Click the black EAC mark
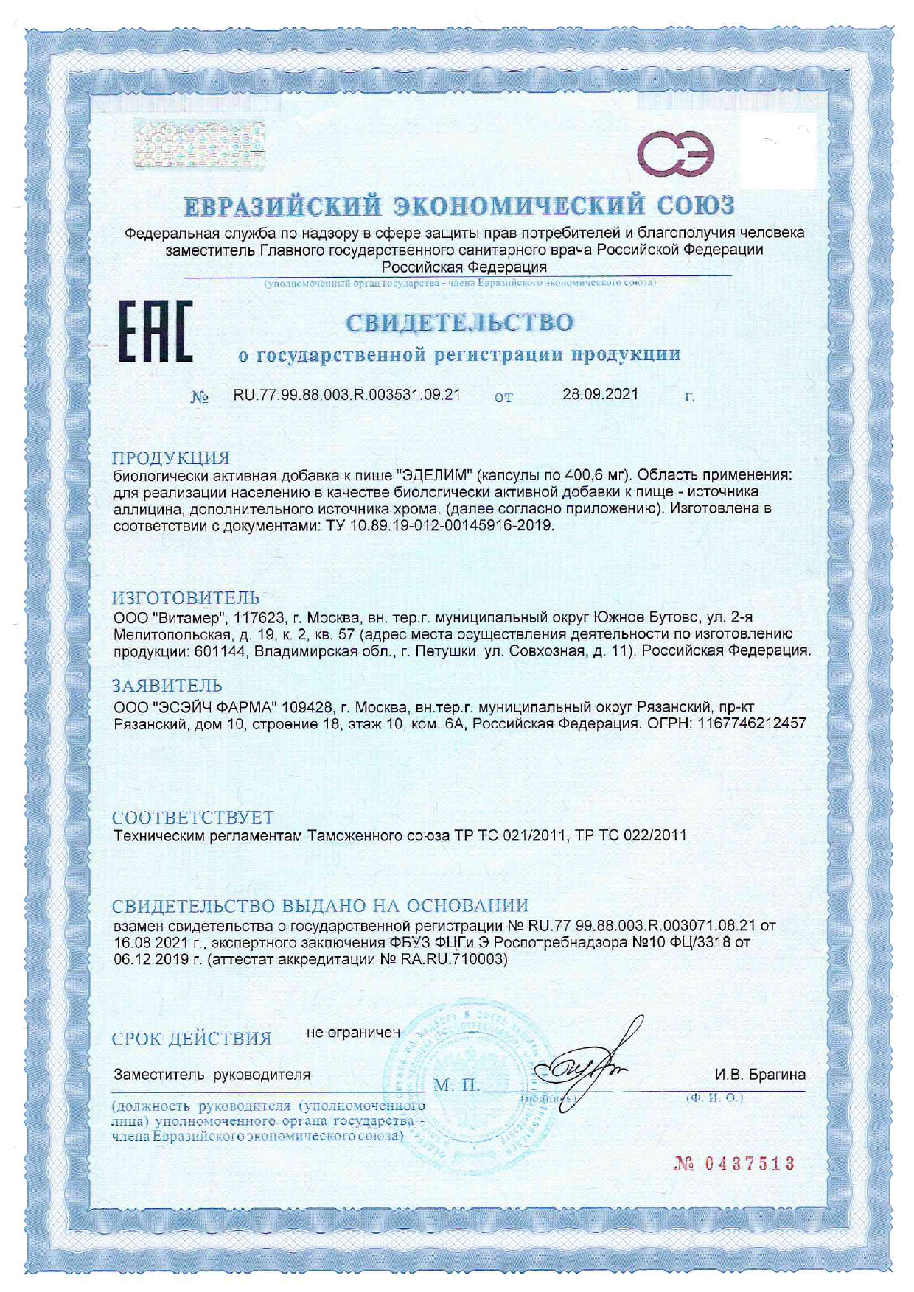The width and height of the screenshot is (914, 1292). click(x=156, y=331)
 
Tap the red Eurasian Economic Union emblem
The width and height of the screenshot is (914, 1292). click(x=675, y=154)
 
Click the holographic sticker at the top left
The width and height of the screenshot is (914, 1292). click(x=199, y=144)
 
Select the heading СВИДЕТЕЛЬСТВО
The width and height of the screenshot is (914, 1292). click(x=459, y=323)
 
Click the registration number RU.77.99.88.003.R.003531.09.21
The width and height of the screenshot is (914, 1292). click(x=347, y=395)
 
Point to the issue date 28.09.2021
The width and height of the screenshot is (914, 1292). click(x=600, y=394)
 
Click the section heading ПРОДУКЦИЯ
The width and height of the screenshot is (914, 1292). click(x=171, y=457)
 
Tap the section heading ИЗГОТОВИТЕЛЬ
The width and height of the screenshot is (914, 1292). click(x=186, y=597)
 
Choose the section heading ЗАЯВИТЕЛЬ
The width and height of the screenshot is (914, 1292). click(x=167, y=687)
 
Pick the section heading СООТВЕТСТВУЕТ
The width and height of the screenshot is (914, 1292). click(x=192, y=818)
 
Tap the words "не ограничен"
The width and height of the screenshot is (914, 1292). click(x=353, y=1032)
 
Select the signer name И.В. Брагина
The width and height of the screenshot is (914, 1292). click(x=760, y=1075)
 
